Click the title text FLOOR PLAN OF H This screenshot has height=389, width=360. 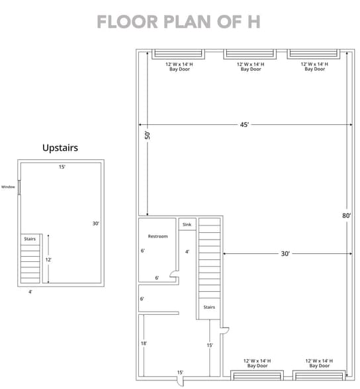(179, 22)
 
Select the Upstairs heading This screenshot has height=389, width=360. (60, 148)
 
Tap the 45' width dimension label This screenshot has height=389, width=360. (244, 124)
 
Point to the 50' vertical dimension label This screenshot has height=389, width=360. (148, 134)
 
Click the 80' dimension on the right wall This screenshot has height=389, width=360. (347, 215)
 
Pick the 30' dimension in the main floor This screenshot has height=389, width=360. (285, 253)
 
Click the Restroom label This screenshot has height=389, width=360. (157, 236)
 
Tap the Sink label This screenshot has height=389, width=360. (187, 225)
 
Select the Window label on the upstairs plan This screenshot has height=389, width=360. (7, 187)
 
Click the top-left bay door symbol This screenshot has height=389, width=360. (178, 54)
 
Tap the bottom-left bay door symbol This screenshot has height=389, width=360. (257, 375)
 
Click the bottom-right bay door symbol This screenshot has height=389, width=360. (319, 375)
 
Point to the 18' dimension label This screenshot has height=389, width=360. (144, 344)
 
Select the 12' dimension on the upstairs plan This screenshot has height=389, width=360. (48, 260)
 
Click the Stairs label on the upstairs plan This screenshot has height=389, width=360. (30, 238)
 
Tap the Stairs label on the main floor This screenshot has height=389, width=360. (209, 307)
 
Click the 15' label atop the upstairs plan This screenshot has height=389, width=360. (62, 167)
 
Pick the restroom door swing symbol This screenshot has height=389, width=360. (173, 273)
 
